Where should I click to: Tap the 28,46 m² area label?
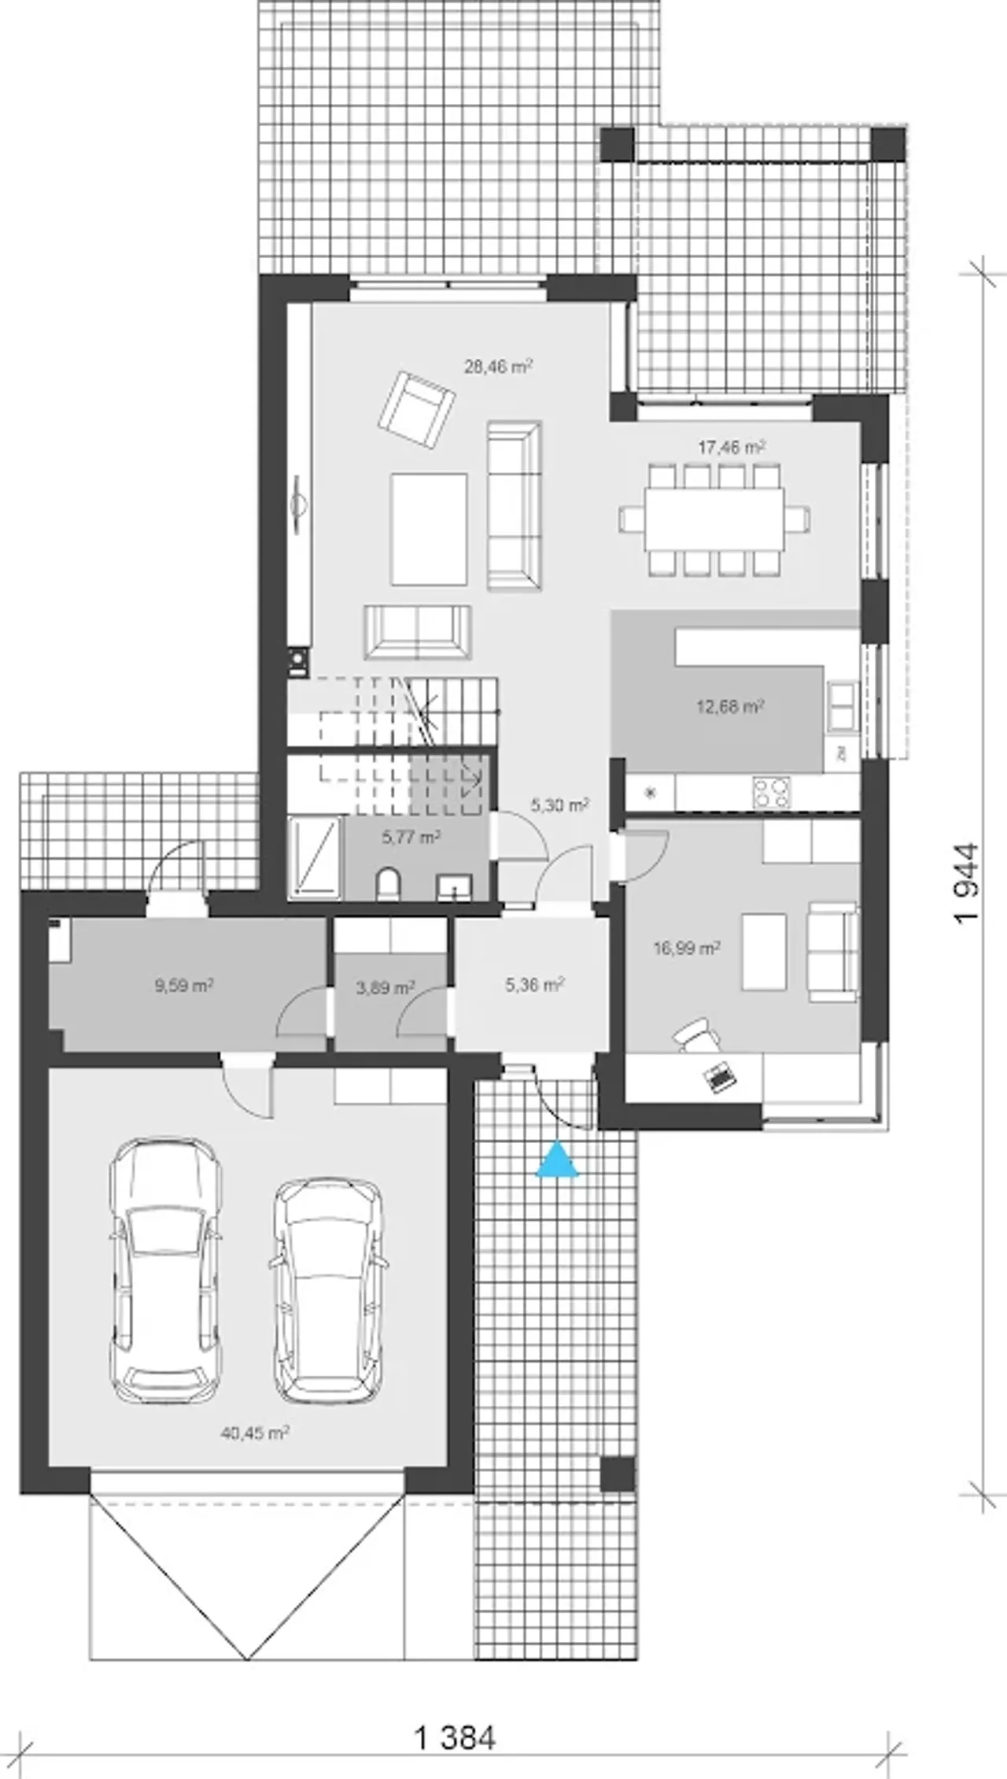coord(499,366)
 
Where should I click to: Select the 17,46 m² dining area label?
coord(732,447)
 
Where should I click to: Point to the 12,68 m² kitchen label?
coord(730,706)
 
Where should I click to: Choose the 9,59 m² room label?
coord(185,985)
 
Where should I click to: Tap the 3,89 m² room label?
coord(385,987)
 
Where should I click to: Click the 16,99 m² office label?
coord(687,948)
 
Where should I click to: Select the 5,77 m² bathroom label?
coord(411,837)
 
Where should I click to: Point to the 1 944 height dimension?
coord(968,882)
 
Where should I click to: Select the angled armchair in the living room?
coord(416,410)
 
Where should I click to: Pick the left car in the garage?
coord(164,1270)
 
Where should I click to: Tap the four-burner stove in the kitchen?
coord(772,793)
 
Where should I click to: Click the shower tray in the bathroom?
coord(315,858)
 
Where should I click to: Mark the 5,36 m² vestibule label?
coord(535,985)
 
